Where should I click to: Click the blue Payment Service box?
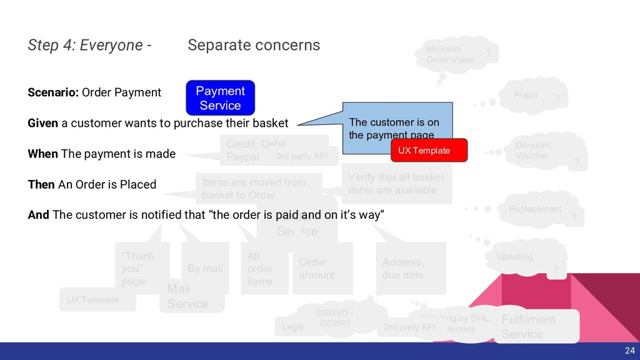(220, 98)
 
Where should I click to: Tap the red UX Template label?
(429, 151)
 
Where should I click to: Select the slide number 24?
(629, 351)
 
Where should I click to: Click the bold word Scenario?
(53, 92)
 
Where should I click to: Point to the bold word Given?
(43, 123)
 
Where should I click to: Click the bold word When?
(43, 154)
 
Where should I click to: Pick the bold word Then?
(42, 184)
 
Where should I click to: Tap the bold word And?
(39, 215)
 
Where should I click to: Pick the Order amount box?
(322, 269)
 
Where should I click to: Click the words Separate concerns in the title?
(254, 45)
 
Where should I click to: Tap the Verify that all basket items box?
(396, 183)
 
